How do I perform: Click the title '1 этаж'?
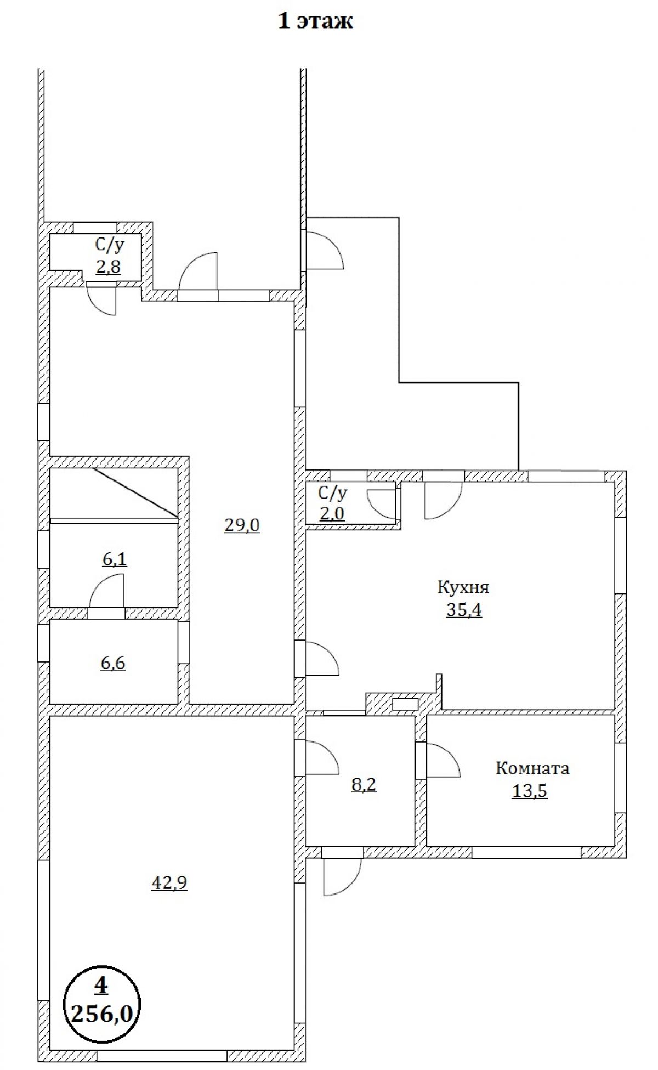coord(315,21)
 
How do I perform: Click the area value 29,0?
coord(242,525)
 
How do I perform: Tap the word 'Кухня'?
coord(463,587)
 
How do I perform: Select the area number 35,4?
coord(464,609)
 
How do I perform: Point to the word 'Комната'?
coord(532,768)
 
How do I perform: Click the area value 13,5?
coord(530,791)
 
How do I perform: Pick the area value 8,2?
coord(364,785)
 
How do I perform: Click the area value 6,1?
coord(115,559)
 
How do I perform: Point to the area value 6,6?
coord(113,663)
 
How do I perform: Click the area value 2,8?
coord(107,267)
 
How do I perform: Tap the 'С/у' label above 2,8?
coord(109,245)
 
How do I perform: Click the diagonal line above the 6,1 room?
coord(135,492)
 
